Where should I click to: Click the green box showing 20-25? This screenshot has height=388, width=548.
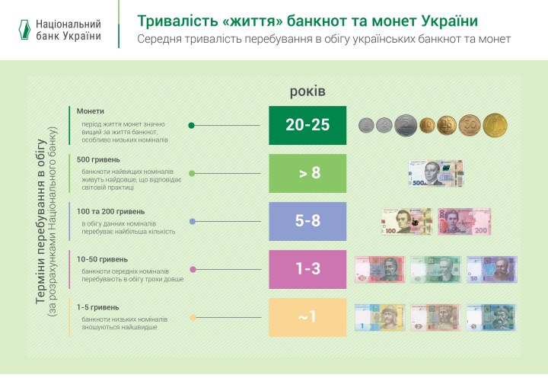307,125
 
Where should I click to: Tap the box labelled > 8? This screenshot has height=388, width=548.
307,173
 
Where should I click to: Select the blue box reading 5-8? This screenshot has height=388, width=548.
307,221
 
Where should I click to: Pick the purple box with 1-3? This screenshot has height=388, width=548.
307,269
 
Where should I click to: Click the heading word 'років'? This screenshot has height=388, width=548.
307,91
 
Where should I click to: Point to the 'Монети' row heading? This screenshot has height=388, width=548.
91,111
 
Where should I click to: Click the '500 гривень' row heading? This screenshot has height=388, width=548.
99,159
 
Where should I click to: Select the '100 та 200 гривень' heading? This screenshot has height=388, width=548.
110,211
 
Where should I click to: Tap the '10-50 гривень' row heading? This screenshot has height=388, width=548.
103,259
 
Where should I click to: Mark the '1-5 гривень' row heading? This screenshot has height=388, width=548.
99,306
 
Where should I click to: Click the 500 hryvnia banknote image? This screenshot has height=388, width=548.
435,174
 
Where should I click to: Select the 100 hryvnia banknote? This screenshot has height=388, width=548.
406,222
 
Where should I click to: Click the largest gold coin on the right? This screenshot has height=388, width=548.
495,124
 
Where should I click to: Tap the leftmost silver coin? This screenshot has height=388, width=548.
366,125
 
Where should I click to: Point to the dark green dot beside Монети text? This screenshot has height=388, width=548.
191,125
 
